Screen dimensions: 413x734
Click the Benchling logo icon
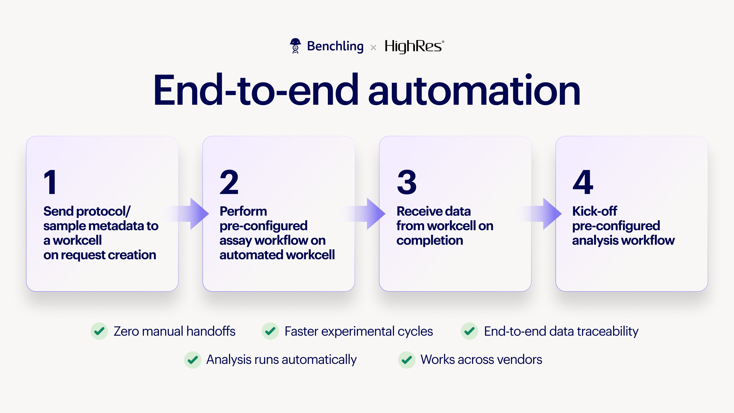tap(295, 46)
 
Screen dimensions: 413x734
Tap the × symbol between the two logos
tap(373, 48)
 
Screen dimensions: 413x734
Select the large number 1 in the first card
tap(51, 182)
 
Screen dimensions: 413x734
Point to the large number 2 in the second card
tap(229, 182)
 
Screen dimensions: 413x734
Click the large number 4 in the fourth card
tap(583, 182)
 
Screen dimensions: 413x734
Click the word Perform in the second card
tap(243, 211)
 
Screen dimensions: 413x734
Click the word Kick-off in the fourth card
tap(594, 211)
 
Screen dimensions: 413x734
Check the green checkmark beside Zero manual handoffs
tap(99, 331)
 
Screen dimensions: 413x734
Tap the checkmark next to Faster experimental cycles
tap(270, 331)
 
